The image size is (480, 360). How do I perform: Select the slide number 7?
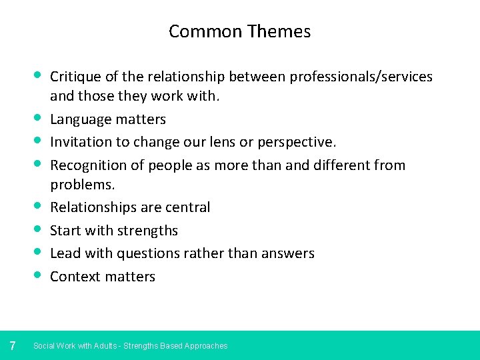[13, 345]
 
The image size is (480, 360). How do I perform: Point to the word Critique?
[76, 77]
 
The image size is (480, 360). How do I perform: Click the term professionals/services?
[361, 77]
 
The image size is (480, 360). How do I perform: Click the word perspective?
[297, 143]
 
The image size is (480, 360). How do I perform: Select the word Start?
[65, 230]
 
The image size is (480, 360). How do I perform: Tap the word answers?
[288, 253]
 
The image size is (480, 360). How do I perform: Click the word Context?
[75, 276]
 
